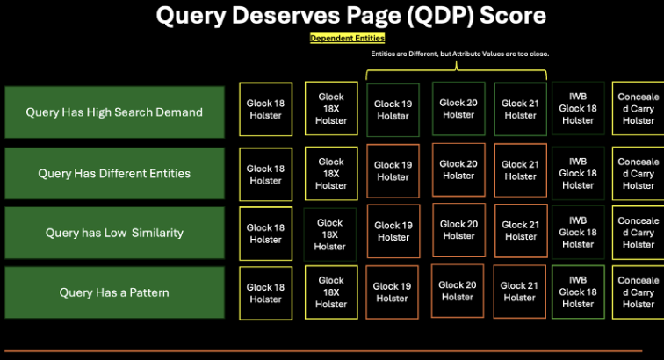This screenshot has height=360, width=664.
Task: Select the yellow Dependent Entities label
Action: [x=347, y=39]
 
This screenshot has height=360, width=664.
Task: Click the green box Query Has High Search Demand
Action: [x=114, y=112]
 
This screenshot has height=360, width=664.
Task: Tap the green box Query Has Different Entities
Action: [x=114, y=173]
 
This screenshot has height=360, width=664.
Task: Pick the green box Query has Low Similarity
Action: [x=114, y=233]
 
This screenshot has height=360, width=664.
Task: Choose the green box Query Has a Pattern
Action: [x=114, y=292]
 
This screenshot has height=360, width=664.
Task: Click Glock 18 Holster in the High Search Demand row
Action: [x=265, y=110]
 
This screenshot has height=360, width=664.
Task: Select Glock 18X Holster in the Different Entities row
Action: [x=331, y=173]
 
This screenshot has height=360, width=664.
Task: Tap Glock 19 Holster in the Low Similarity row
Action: [x=393, y=231]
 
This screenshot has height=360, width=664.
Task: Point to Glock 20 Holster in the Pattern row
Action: [x=458, y=291]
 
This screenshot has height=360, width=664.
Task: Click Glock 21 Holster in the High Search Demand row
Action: [x=521, y=109]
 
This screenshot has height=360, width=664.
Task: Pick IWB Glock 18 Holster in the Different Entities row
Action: [x=578, y=173]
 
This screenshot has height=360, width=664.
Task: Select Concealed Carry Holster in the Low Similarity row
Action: [x=638, y=233]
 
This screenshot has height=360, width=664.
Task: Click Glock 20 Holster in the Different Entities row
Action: [x=458, y=169]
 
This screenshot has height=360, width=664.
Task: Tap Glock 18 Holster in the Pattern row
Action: [x=265, y=292]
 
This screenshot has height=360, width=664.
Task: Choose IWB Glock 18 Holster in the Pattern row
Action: [x=578, y=292]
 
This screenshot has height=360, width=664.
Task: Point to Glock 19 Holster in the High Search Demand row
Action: [x=393, y=110]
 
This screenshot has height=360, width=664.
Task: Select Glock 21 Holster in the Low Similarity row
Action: [x=521, y=231]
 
